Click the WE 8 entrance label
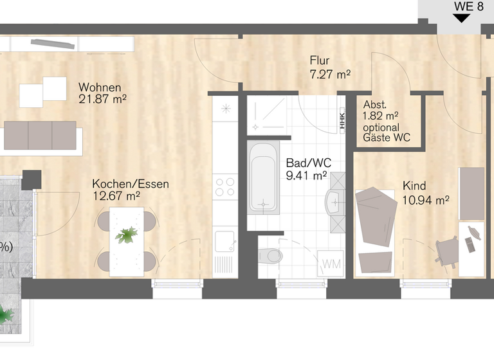[468, 6]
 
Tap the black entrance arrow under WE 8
[461, 19]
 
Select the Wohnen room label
[100, 87]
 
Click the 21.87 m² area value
[102, 99]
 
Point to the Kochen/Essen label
[131, 184]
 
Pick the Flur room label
[320, 62]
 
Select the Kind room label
[414, 186]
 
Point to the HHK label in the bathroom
[342, 120]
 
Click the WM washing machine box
[331, 264]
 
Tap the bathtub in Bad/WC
[264, 178]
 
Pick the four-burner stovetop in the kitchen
[225, 186]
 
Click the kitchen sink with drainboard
[225, 251]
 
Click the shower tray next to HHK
[266, 114]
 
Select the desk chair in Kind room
[446, 251]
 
